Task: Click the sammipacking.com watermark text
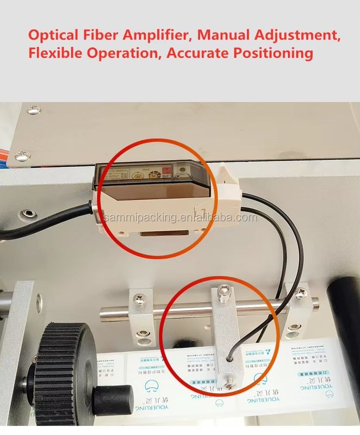(x=180, y=218)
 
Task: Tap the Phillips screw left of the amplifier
(x=22, y=157)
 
